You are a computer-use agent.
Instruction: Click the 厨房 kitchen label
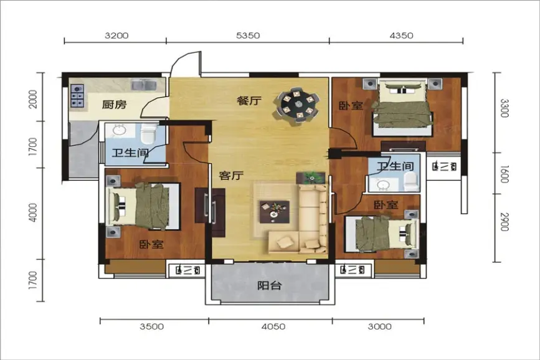(x=115, y=104)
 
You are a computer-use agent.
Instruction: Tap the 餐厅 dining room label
(x=249, y=101)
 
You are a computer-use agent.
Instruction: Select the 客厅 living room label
(x=232, y=176)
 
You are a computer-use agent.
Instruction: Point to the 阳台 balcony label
(x=270, y=286)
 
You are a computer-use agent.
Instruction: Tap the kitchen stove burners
(x=77, y=96)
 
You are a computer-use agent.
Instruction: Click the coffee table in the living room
(x=274, y=212)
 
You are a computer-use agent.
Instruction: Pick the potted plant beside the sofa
(x=311, y=178)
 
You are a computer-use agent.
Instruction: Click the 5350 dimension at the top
(x=248, y=36)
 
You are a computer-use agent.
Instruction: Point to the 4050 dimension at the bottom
(x=273, y=326)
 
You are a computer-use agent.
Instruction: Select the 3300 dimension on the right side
(x=504, y=108)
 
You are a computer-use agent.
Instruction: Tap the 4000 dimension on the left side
(x=33, y=212)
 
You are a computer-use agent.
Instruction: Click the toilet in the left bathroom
(x=149, y=133)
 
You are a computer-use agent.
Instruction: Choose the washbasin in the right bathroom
(x=383, y=185)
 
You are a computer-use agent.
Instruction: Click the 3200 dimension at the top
(x=116, y=36)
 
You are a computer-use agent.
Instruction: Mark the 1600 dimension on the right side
(x=504, y=174)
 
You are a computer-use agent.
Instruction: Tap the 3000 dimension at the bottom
(x=379, y=326)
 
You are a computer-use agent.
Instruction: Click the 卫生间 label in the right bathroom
(x=395, y=166)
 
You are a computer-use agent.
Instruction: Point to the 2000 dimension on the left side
(x=33, y=99)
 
